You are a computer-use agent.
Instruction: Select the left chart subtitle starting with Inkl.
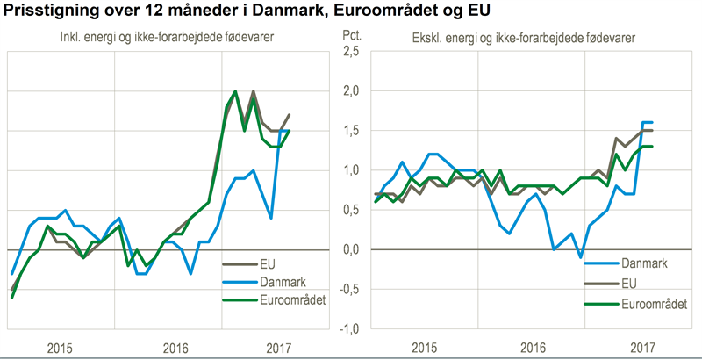[x=164, y=38]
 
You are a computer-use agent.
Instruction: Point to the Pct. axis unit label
[x=350, y=38]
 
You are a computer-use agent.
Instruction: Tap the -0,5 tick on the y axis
[x=348, y=289]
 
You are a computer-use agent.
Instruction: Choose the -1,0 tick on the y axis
[x=348, y=328]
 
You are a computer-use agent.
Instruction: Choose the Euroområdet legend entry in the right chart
[x=655, y=302]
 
